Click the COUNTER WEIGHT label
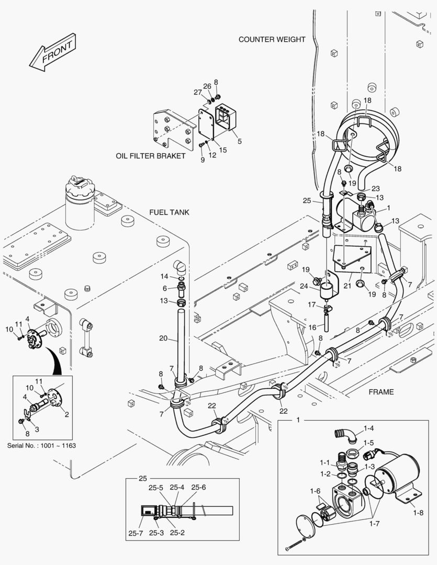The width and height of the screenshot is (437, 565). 272,39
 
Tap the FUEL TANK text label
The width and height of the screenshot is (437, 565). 169,212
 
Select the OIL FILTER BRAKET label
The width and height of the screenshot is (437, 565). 151,156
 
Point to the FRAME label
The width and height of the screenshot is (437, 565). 380,392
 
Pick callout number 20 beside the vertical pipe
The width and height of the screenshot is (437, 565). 163,338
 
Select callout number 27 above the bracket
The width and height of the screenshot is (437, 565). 198,92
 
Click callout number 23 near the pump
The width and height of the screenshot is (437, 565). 375,189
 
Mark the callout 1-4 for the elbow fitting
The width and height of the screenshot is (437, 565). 369,428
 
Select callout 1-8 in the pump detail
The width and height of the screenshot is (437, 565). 418,513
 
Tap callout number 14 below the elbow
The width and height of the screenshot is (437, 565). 164,276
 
